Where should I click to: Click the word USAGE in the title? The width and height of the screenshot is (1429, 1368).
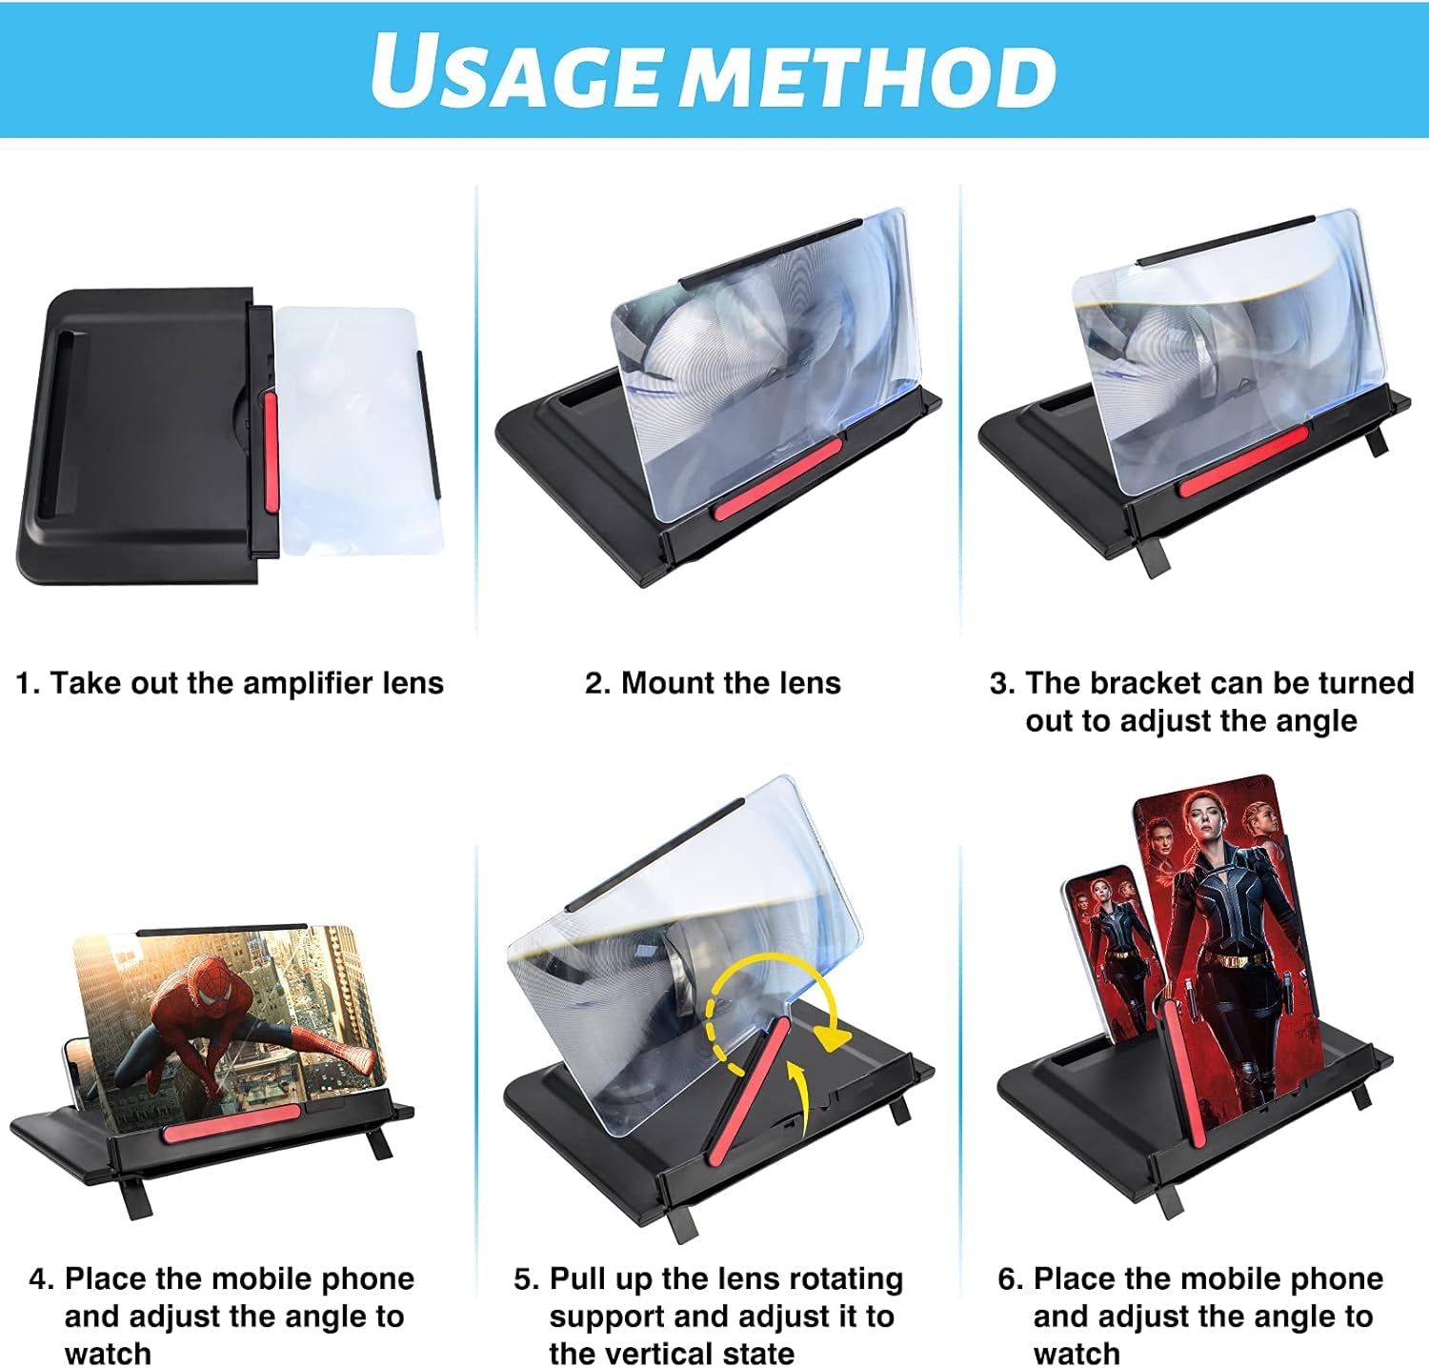[x=515, y=70]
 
